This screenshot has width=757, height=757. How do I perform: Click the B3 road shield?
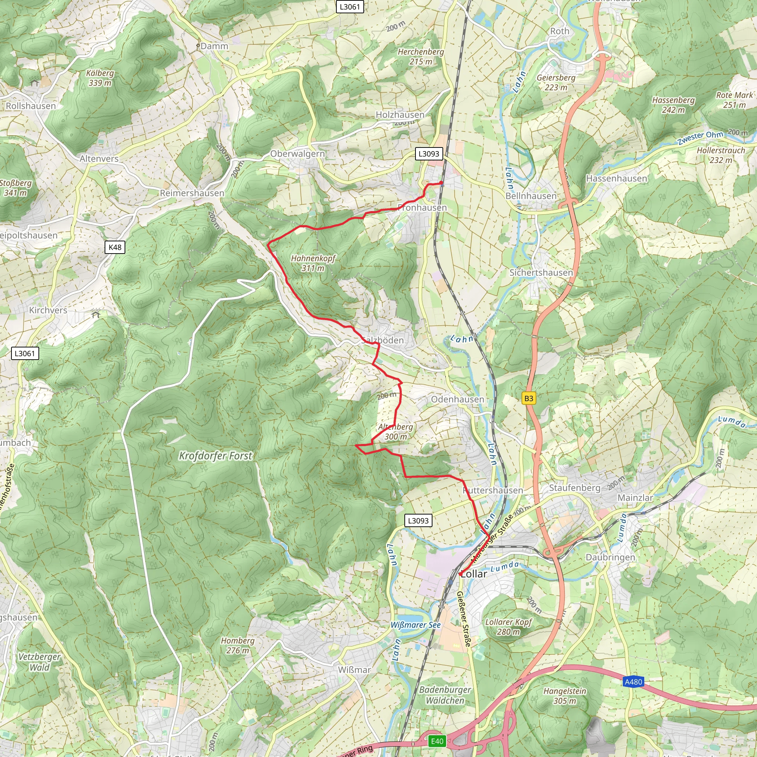529,398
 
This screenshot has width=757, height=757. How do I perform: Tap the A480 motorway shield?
633,682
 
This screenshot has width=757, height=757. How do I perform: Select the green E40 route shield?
437,741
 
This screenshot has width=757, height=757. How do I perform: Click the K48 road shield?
115,247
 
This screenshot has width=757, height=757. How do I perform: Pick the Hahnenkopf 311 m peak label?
313,263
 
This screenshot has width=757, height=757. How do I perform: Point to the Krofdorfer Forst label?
215,456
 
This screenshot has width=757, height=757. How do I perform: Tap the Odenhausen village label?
457,399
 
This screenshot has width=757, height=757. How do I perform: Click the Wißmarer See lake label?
415,625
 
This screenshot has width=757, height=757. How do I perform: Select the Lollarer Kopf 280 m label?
508,627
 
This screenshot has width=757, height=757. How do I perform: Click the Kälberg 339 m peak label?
100,78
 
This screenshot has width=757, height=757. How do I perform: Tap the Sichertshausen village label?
541,272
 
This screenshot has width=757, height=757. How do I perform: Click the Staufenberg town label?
574,488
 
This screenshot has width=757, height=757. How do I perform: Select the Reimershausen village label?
192,193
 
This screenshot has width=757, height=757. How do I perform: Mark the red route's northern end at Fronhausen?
441,183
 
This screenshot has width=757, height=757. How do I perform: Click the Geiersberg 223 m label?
556,82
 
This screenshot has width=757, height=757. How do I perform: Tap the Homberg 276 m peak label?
237,645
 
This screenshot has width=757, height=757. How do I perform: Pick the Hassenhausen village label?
616,179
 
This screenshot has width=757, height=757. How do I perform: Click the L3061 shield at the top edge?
350,7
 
